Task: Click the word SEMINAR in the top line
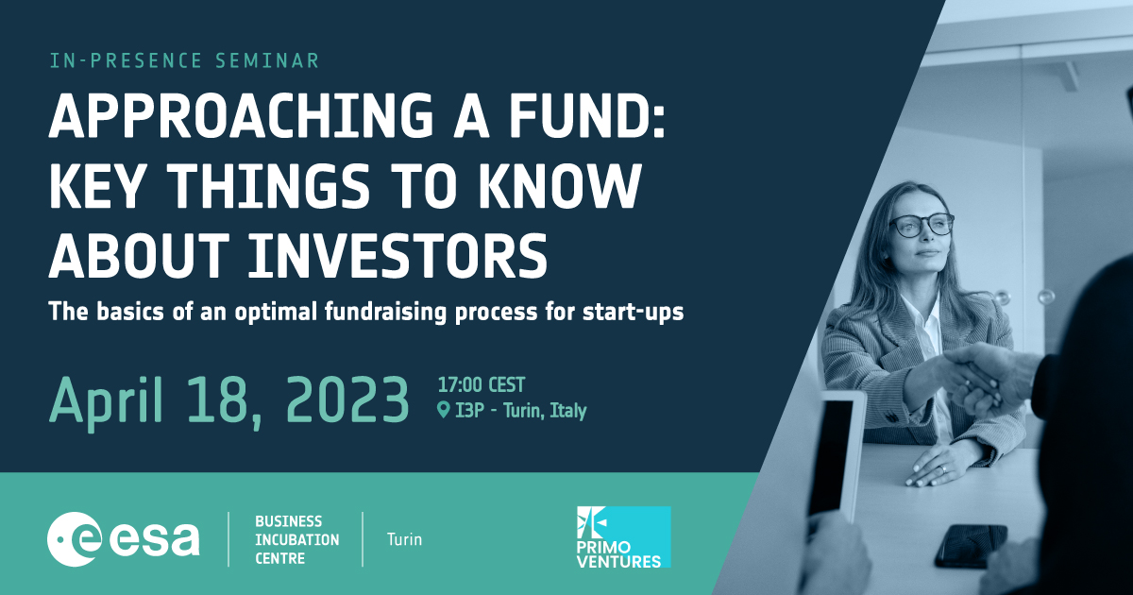[x=267, y=60]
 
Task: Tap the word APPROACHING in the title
[x=241, y=116]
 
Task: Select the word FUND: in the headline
[x=586, y=116]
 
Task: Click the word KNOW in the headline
[x=560, y=186]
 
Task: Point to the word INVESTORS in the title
[x=397, y=256]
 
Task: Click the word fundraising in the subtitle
[x=385, y=313]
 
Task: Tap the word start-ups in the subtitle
[x=633, y=313]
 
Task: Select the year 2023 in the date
[x=347, y=400]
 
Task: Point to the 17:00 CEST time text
[x=481, y=385]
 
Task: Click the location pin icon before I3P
[x=443, y=410]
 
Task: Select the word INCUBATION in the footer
[x=296, y=540]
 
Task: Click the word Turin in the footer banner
[x=404, y=539]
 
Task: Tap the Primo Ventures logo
[x=624, y=536]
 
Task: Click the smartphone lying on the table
[x=972, y=546]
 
